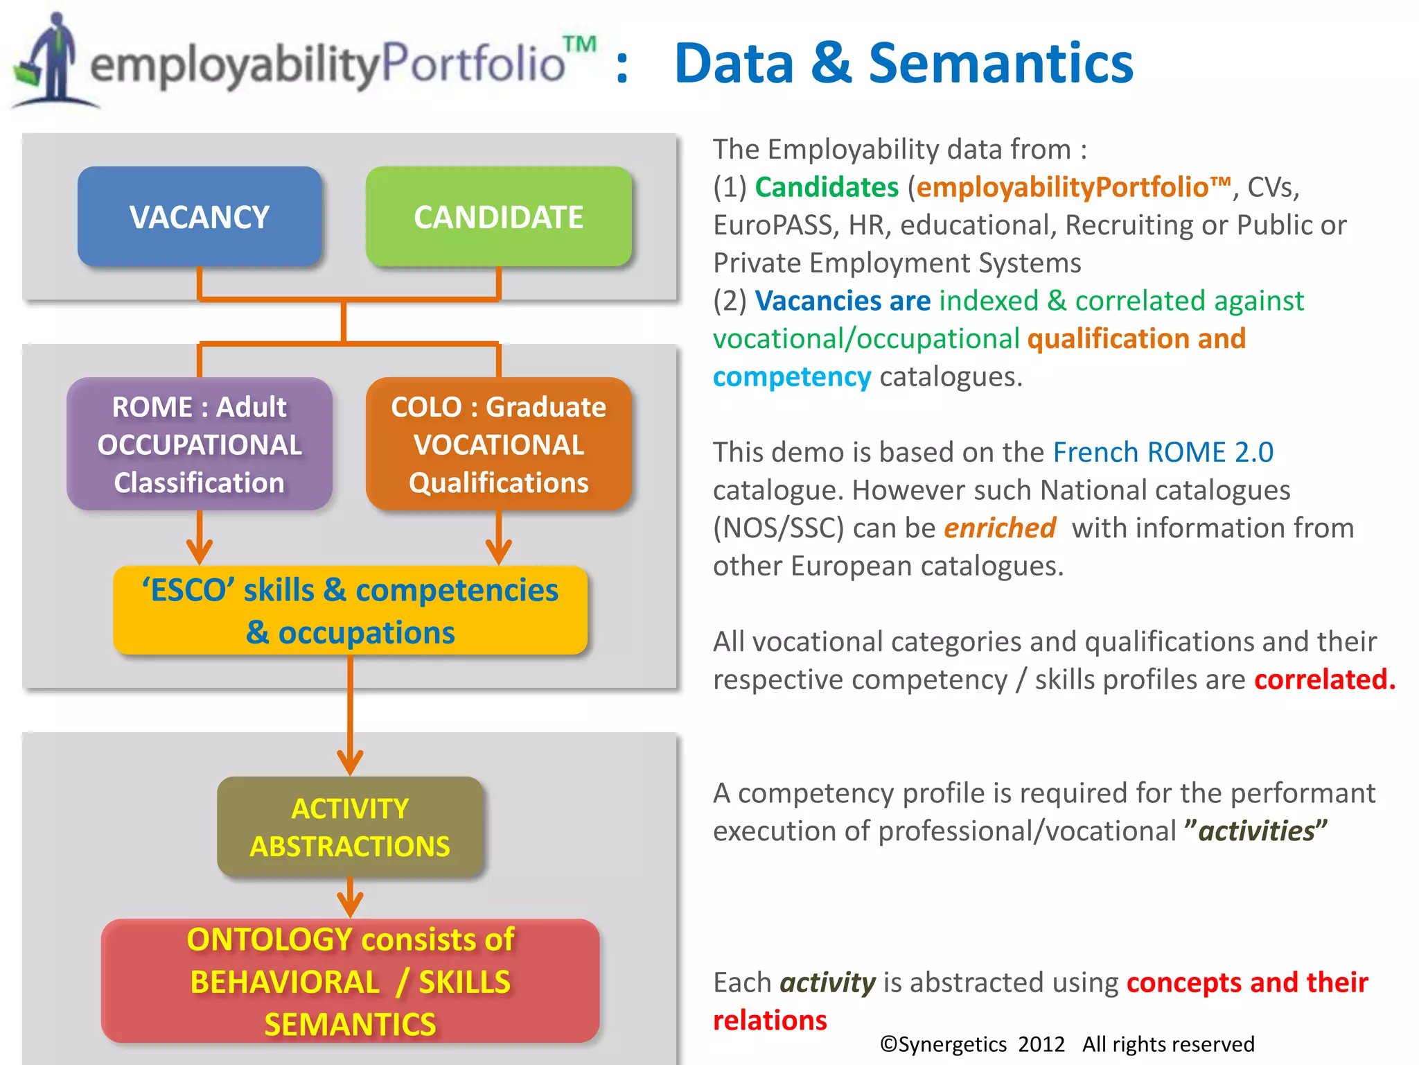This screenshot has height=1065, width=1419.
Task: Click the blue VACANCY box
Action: coord(200,217)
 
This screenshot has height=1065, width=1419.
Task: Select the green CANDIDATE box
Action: coord(498,217)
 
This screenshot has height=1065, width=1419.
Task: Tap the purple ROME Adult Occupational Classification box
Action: coord(200,444)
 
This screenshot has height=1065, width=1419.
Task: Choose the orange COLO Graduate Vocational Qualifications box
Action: coord(498,444)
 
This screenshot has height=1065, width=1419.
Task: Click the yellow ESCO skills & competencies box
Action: coord(350,611)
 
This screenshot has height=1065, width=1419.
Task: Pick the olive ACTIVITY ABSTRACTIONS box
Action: coord(350,827)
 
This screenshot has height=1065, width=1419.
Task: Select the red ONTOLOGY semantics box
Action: coord(350,981)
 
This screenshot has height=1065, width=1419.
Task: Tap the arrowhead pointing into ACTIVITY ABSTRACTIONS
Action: coord(350,762)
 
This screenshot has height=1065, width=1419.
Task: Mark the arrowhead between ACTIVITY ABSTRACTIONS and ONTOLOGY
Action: coord(350,904)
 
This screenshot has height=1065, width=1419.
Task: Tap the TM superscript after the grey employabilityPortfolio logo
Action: coord(579,44)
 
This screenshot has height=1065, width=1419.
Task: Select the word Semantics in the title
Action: coord(1001,63)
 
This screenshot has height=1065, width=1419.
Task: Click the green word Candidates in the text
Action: coord(827,187)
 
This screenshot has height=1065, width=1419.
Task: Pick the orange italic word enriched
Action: coord(1000,528)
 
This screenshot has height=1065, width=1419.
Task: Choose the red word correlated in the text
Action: coord(1324,679)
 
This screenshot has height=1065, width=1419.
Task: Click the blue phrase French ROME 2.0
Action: coord(1163,452)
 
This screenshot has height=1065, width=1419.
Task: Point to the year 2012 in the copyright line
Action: coord(1041,1044)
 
